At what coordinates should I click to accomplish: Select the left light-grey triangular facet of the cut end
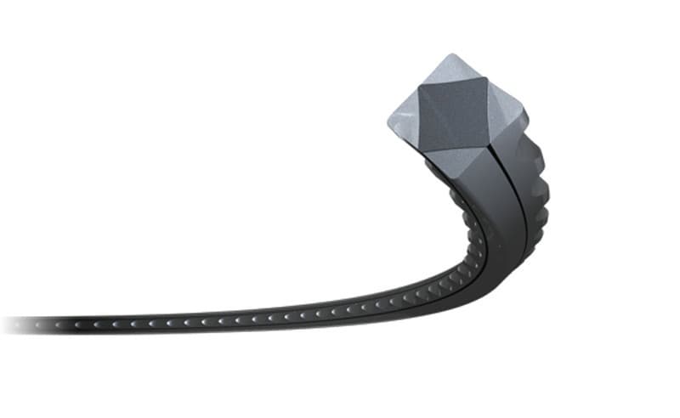click(405, 119)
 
